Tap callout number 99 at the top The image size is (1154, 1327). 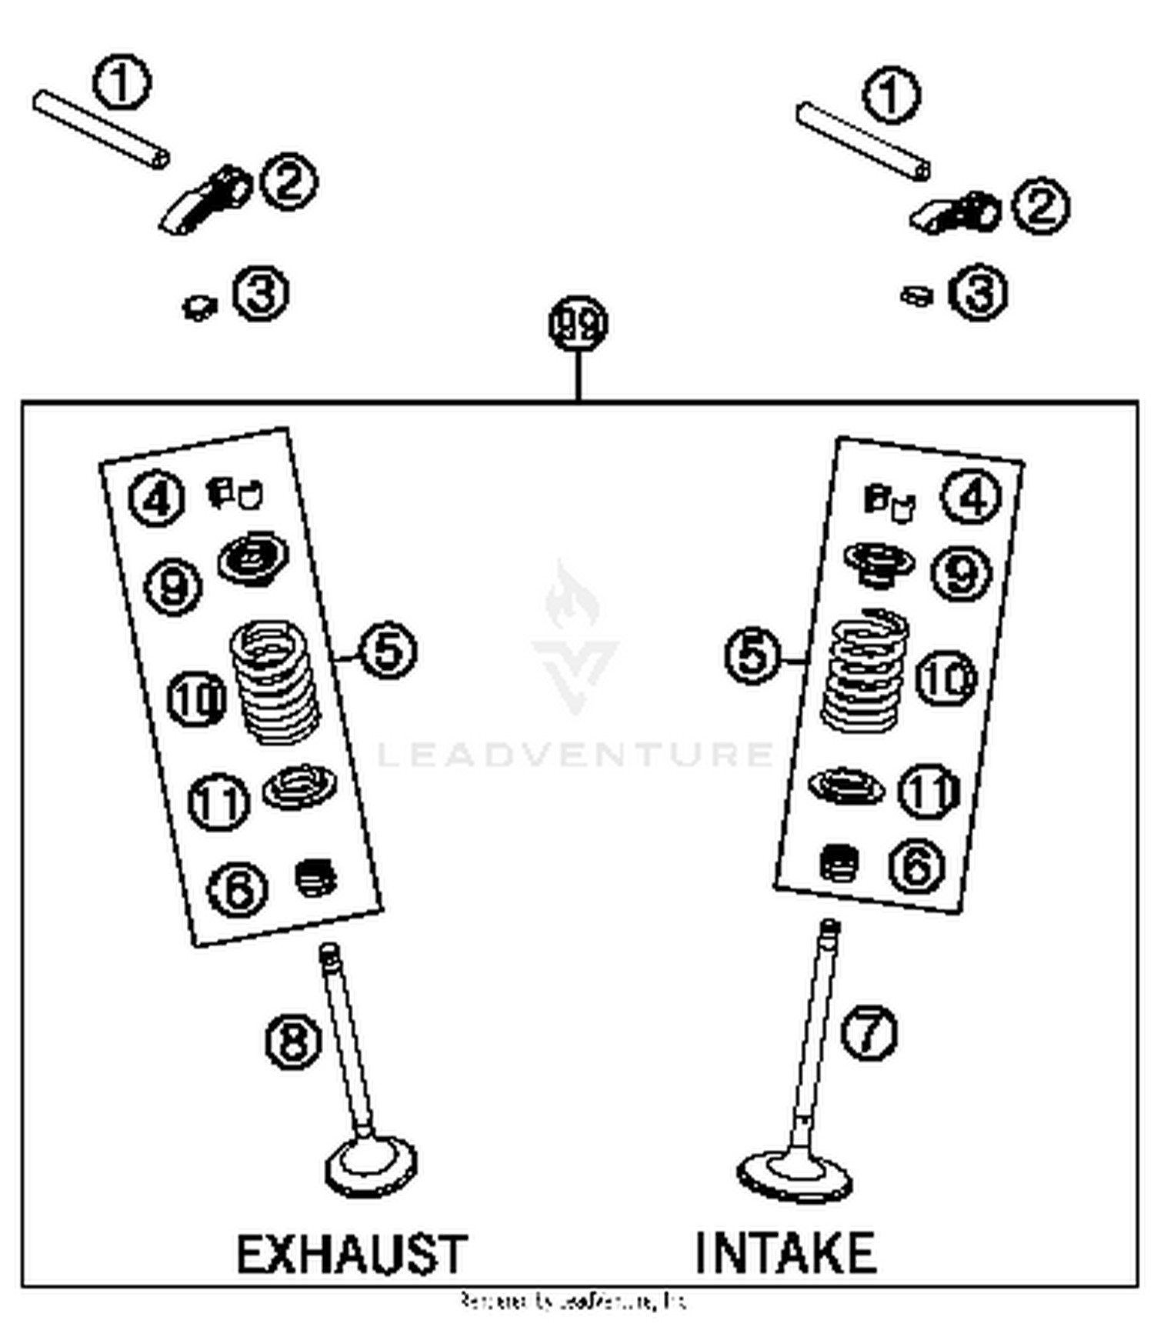(578, 324)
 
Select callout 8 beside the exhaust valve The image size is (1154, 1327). (293, 1042)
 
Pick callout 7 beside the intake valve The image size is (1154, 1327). (869, 1032)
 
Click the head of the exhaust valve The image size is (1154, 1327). (371, 1166)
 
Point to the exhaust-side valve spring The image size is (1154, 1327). (275, 682)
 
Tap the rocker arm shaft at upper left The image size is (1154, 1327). (101, 128)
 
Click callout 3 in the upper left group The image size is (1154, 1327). (261, 293)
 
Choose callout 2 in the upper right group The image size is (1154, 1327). (1040, 206)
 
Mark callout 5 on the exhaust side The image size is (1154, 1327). (389, 651)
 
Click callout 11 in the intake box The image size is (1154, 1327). (929, 790)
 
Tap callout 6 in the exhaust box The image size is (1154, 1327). (238, 889)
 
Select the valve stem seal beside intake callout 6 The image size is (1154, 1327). (839, 863)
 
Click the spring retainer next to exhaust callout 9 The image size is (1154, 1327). (253, 558)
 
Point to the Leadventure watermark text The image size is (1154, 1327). (575, 754)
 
